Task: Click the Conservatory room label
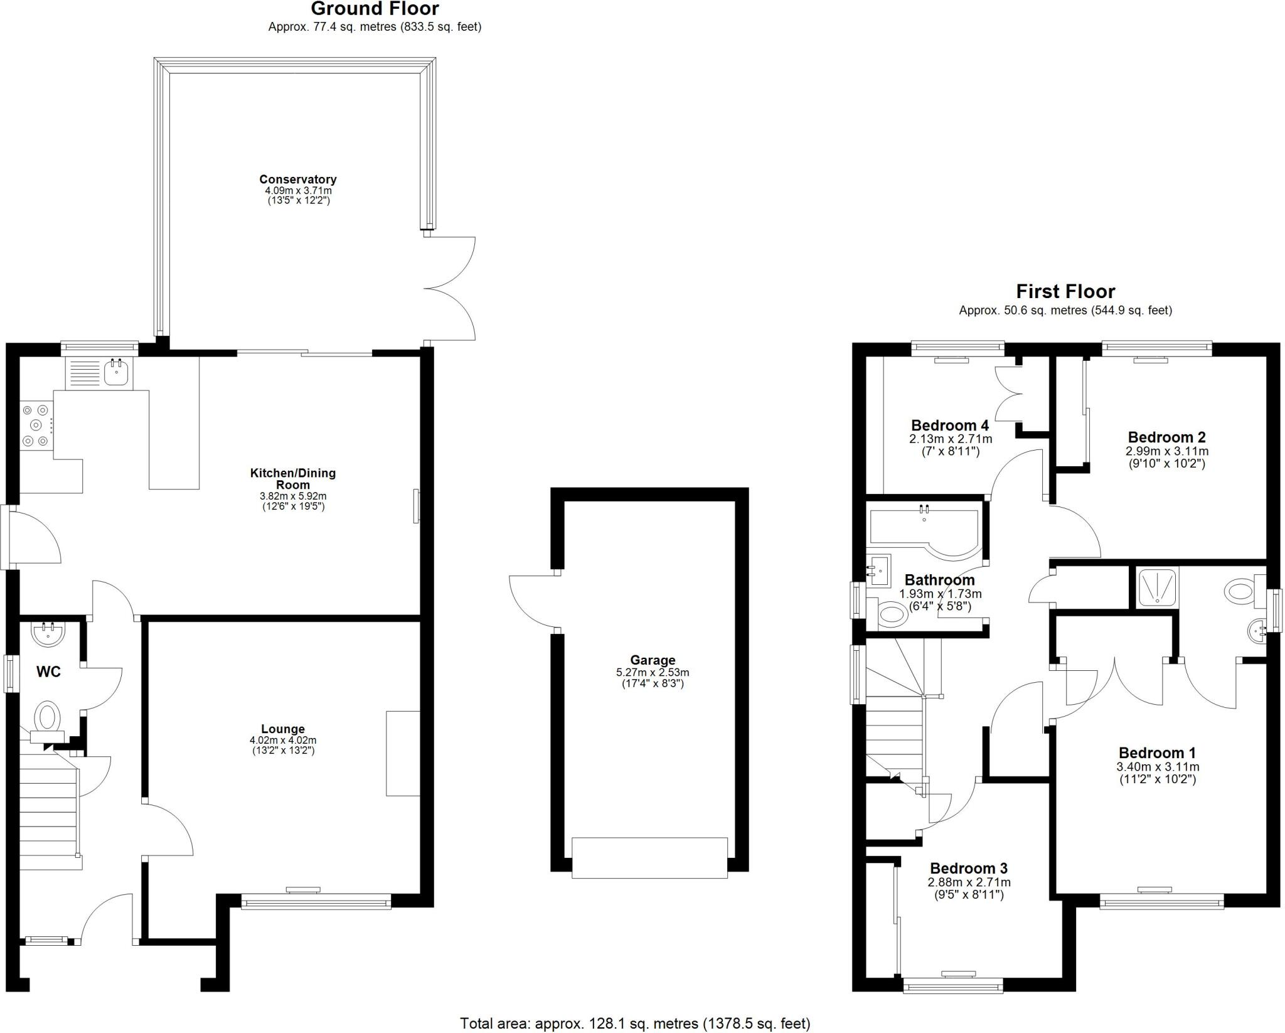click(x=297, y=179)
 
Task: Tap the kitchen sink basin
click(x=117, y=373)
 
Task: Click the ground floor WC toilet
click(x=47, y=717)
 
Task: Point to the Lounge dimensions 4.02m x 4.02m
click(x=282, y=741)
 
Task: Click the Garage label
click(x=653, y=660)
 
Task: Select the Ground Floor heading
click(x=375, y=9)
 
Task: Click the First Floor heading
click(x=1065, y=291)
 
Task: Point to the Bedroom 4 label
click(x=950, y=426)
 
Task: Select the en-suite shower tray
click(x=1158, y=587)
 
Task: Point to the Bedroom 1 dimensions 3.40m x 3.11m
click(x=1157, y=767)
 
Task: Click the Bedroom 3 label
click(x=968, y=869)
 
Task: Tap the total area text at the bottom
click(x=635, y=1024)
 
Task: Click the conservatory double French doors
click(x=451, y=289)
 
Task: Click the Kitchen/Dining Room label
click(x=293, y=478)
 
